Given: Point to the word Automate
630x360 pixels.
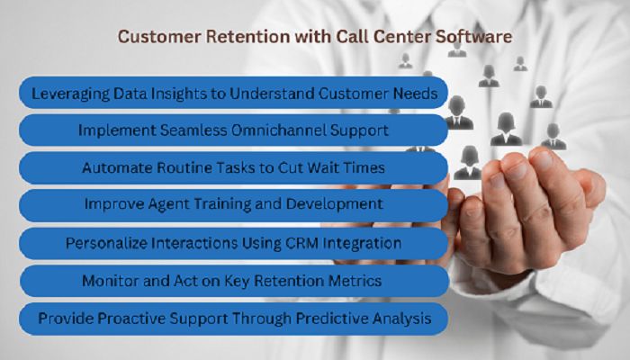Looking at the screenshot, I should (x=114, y=167).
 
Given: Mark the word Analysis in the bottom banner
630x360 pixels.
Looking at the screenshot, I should (x=402, y=318).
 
